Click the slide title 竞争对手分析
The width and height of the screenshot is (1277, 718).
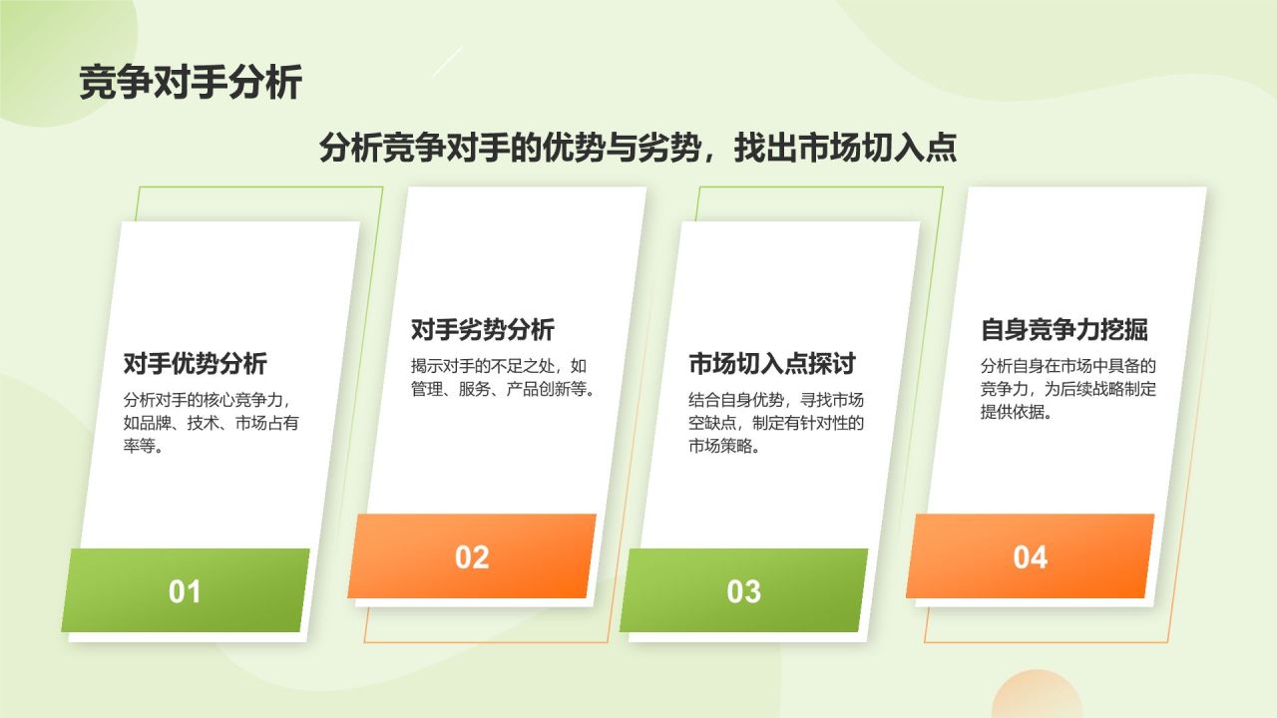190,83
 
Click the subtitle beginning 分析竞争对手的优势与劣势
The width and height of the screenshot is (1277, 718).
638,148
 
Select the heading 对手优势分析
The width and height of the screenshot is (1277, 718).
196,363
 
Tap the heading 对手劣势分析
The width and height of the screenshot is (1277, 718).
483,329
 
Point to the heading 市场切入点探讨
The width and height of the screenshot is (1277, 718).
771,364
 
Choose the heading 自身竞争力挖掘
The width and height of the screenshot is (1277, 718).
1064,329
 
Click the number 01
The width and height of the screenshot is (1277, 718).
185,591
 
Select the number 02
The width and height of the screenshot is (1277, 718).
472,557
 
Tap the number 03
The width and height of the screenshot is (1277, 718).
743,591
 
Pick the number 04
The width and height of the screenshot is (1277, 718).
1030,557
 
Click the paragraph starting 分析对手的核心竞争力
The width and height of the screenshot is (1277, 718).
211,422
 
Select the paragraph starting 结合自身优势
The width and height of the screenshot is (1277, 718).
776,423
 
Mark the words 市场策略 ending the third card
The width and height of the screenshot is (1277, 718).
720,446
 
